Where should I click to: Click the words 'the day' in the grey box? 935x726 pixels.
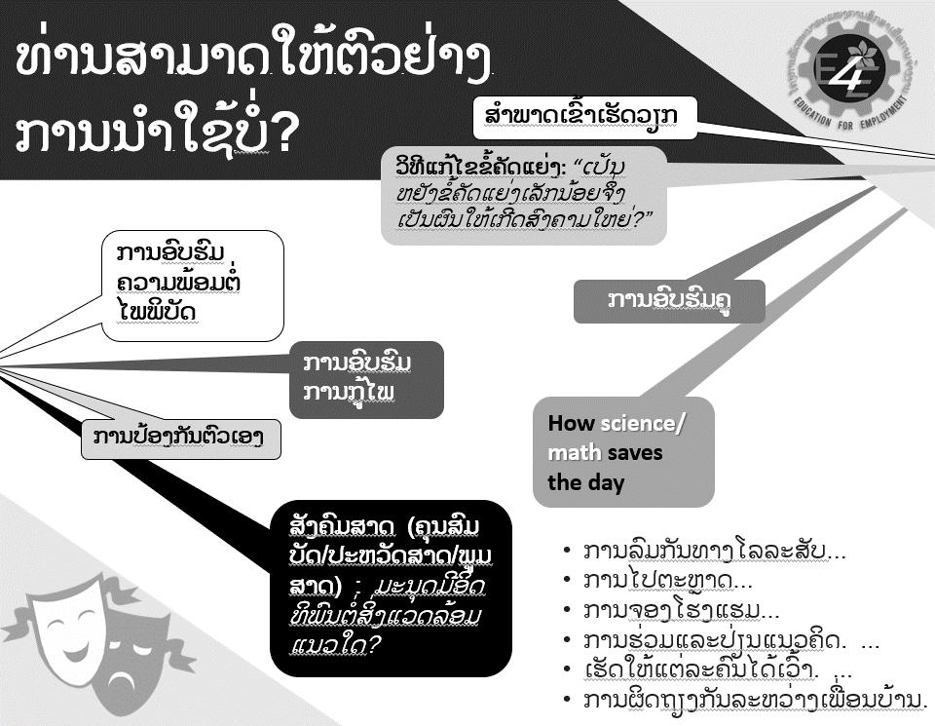[x=584, y=482]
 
